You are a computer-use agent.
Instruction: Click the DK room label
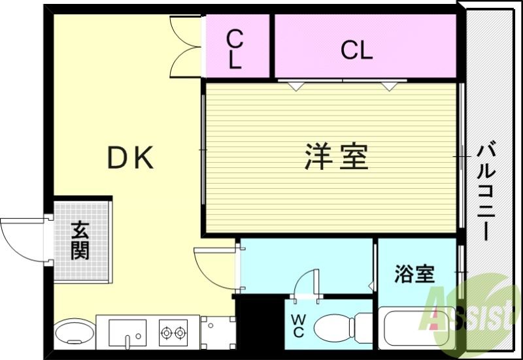click(x=131, y=158)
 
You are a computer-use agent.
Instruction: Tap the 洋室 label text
click(x=336, y=157)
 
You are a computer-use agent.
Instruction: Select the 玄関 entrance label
click(x=80, y=240)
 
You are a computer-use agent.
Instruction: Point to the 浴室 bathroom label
click(x=414, y=274)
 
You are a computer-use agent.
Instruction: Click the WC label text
click(x=297, y=325)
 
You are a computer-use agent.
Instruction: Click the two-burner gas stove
click(x=173, y=333)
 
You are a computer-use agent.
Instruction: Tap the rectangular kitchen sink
click(x=127, y=333)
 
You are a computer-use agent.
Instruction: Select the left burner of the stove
click(x=166, y=333)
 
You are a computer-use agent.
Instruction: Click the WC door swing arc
click(x=303, y=285)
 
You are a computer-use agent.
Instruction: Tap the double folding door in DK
click(x=186, y=46)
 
